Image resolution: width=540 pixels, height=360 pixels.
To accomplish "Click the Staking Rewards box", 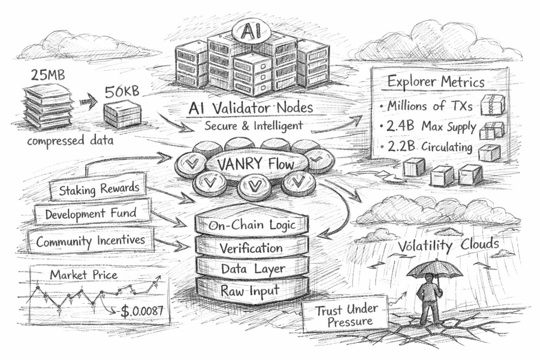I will (98, 189).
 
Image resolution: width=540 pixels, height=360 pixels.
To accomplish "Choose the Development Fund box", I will (91, 213).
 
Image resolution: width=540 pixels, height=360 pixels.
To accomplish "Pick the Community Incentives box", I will (90, 241).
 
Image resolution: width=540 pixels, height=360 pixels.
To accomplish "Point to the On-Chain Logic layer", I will (252, 225).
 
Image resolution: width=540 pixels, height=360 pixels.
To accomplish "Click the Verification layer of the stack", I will (252, 248).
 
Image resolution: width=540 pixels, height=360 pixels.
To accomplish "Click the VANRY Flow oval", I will (256, 164).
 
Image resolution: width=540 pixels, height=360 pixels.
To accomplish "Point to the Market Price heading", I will (84, 275).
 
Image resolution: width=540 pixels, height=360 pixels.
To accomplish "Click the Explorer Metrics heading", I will (436, 82).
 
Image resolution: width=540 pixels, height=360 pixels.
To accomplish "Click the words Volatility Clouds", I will (448, 245).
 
